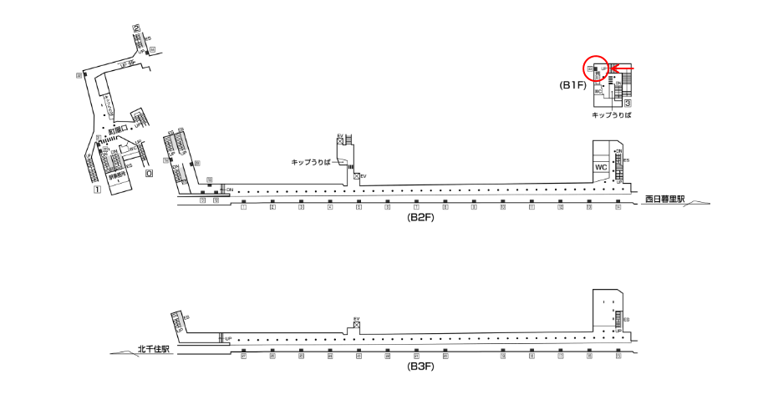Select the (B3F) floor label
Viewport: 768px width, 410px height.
pyautogui.click(x=420, y=366)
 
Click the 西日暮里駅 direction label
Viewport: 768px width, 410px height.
pyautogui.click(x=664, y=200)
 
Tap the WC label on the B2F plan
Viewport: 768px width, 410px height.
pyautogui.click(x=600, y=167)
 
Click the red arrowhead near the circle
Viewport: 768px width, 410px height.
pyautogui.click(x=613, y=68)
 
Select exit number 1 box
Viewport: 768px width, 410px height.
pyautogui.click(x=97, y=190)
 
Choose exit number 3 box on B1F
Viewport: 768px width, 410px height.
pyautogui.click(x=627, y=103)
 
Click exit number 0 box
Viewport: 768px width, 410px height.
pyautogui.click(x=149, y=175)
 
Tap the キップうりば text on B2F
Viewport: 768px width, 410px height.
pyautogui.click(x=311, y=160)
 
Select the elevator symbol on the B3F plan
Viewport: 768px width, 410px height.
pyautogui.click(x=356, y=326)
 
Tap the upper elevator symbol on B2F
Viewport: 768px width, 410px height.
pyautogui.click(x=340, y=142)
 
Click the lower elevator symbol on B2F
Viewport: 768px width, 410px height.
pyautogui.click(x=356, y=176)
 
